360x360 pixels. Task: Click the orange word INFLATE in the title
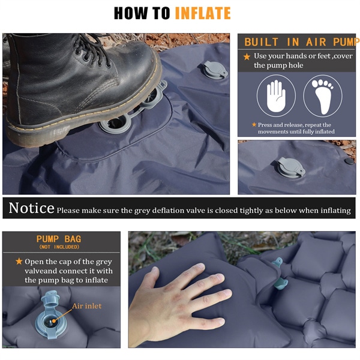[203, 13]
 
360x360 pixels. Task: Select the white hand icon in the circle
[276, 96]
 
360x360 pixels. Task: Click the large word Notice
[31, 208]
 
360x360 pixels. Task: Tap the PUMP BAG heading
[59, 239]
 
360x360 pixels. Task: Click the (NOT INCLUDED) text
[59, 247]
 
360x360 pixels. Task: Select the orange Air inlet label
[86, 306]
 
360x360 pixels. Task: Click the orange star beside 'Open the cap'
[19, 261]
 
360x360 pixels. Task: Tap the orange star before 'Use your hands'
[247, 57]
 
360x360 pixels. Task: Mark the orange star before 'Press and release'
[254, 124]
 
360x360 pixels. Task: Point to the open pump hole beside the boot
[115, 124]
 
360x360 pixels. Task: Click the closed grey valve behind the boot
[215, 70]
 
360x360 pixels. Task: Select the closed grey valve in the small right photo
[290, 167]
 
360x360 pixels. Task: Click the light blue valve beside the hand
[280, 274]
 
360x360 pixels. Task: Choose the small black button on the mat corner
[349, 161]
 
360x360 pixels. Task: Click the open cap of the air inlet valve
[50, 298]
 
